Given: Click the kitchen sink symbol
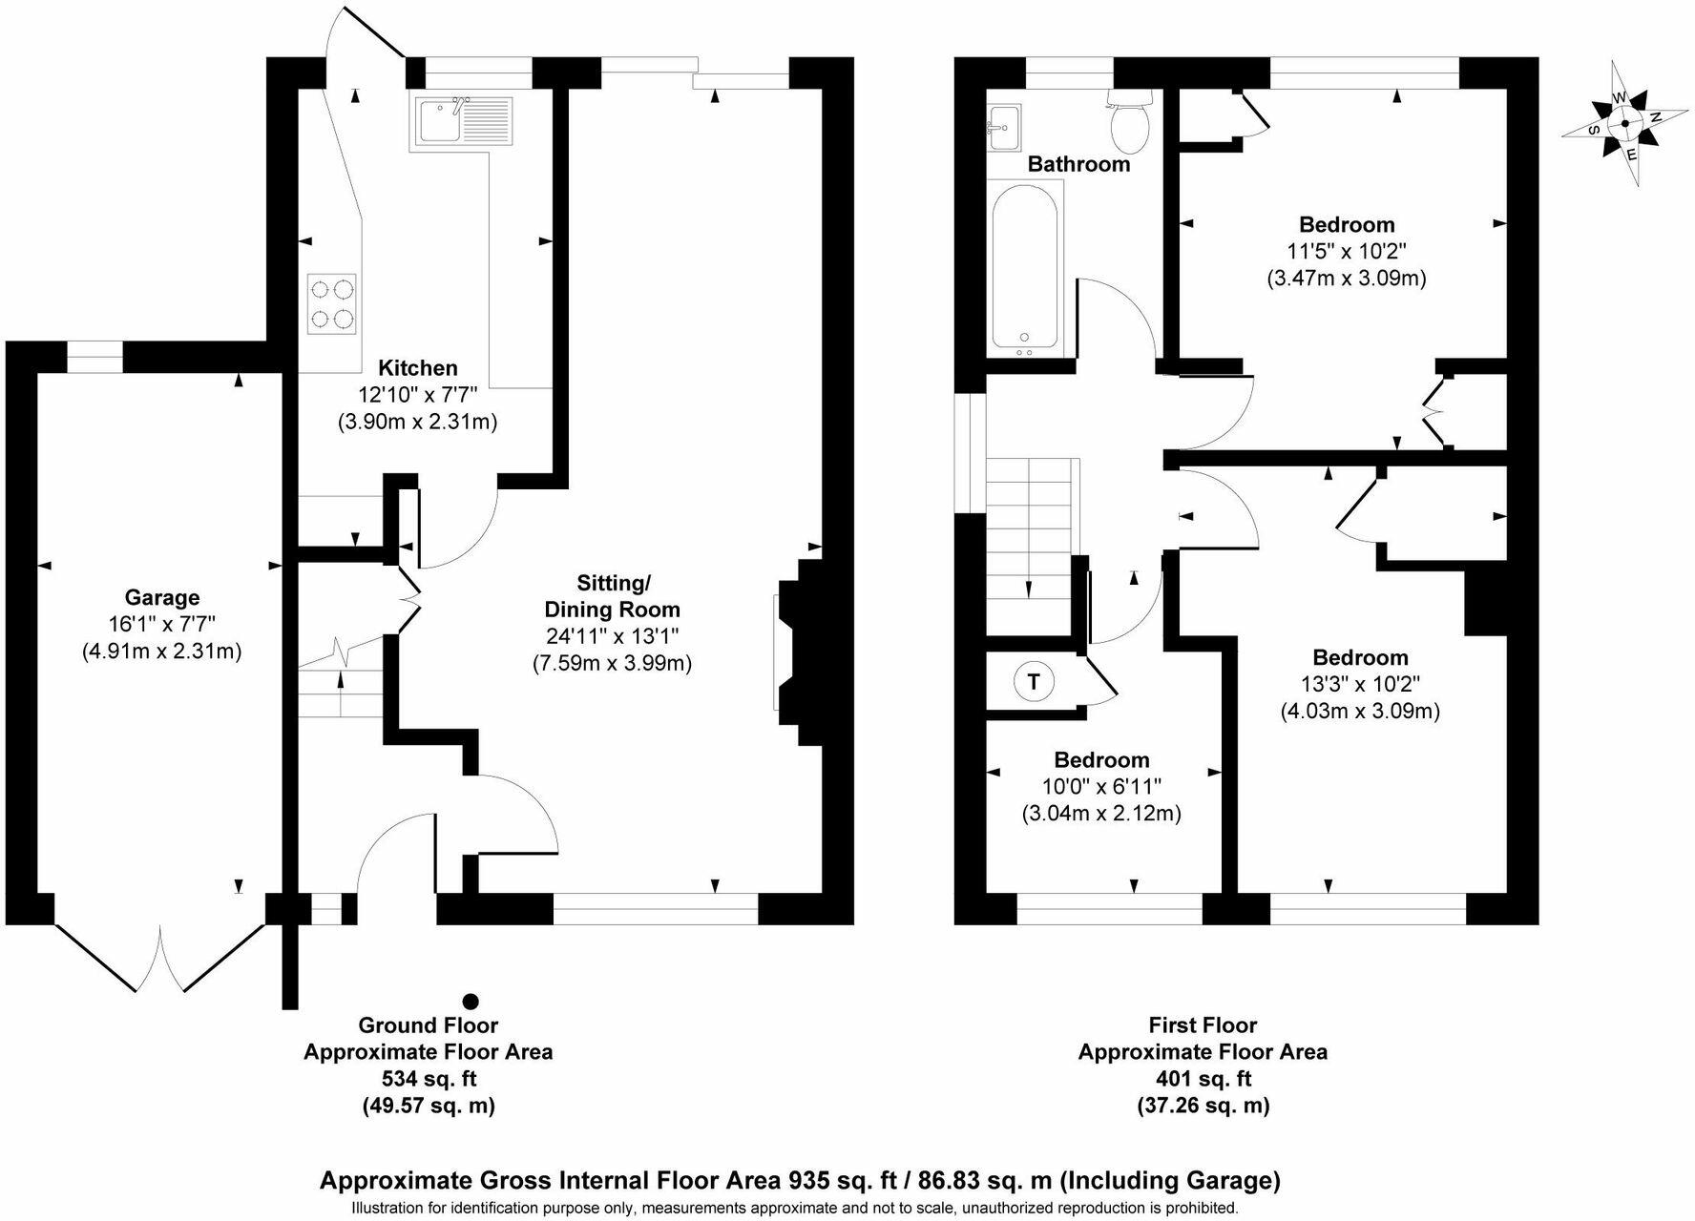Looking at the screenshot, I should [x=463, y=121].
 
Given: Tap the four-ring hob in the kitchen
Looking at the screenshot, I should [x=332, y=303].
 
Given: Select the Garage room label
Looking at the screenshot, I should [x=162, y=598].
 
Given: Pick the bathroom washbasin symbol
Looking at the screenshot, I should [x=1003, y=127].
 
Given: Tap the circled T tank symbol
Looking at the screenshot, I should [x=1033, y=682].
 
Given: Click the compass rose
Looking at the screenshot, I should [x=1623, y=124].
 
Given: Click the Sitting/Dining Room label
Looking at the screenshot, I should [x=612, y=596].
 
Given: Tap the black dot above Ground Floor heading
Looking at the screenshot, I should [x=471, y=1001].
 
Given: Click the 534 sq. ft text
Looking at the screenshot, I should [x=428, y=1079].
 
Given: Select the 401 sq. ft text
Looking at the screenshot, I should [x=1203, y=1079].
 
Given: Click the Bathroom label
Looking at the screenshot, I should [x=1078, y=164].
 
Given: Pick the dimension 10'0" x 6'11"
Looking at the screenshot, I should [x=1101, y=787].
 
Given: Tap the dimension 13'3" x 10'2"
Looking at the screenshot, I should [x=1360, y=684].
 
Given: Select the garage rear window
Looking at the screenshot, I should [x=94, y=357].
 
